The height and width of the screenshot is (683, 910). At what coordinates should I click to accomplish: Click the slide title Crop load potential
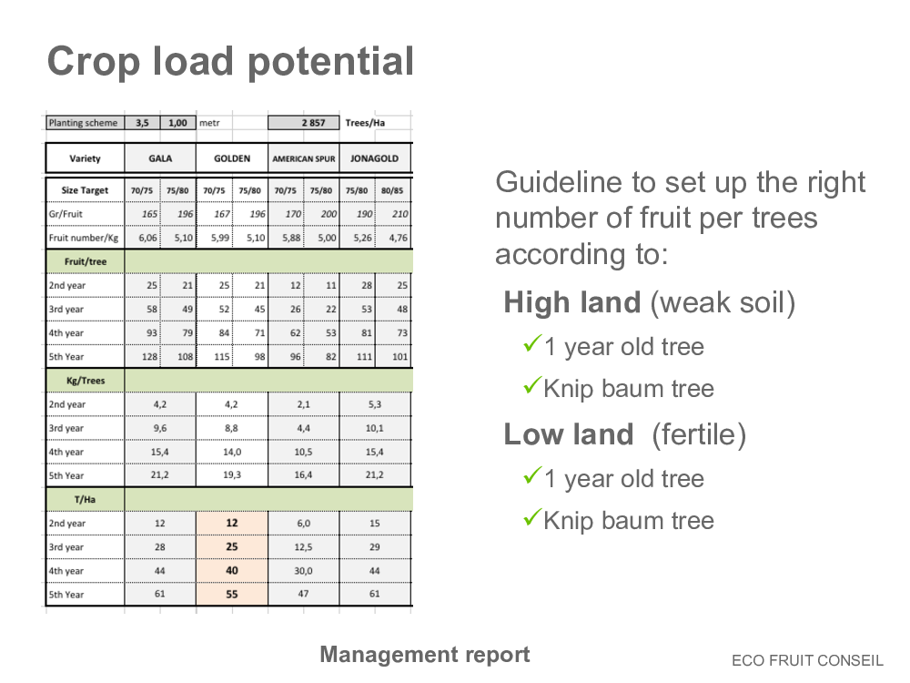[x=230, y=62]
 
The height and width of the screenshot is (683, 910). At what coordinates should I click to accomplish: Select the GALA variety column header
[x=160, y=158]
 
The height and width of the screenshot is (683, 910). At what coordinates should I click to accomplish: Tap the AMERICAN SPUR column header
[x=304, y=158]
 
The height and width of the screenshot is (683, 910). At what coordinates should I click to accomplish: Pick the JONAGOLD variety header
[x=374, y=158]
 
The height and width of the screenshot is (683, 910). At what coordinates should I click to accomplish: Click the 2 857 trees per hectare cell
[x=304, y=123]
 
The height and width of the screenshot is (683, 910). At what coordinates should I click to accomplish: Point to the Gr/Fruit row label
[x=66, y=214]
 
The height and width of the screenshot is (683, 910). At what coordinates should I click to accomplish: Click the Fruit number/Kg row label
[x=84, y=238]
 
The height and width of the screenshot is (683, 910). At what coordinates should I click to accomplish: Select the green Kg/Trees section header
[x=86, y=381]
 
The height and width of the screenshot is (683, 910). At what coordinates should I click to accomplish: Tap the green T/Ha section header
[x=85, y=499]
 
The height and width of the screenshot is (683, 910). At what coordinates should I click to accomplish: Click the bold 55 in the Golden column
[x=231, y=594]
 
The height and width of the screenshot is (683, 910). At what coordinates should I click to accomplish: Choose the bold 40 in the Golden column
[x=231, y=570]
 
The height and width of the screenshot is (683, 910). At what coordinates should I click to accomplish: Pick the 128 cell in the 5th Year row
[x=150, y=357]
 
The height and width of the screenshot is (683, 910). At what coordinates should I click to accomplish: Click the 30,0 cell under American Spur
[x=304, y=571]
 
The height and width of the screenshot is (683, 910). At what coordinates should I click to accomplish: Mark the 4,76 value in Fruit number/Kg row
[x=399, y=238]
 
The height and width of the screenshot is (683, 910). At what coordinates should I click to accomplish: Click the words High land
[x=572, y=302]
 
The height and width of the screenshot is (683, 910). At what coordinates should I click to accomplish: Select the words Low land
[x=569, y=434]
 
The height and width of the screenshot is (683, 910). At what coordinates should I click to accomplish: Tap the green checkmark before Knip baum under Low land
[x=532, y=516]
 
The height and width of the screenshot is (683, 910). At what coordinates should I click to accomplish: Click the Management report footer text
[x=425, y=655]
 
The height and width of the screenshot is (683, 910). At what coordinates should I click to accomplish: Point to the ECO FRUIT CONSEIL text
[x=807, y=660]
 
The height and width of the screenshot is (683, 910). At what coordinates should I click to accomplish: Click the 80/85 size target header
[x=392, y=190]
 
